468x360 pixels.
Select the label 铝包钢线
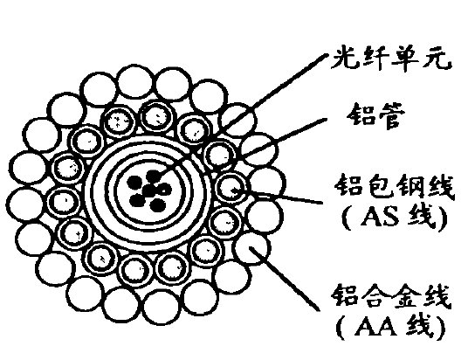[x=394, y=186]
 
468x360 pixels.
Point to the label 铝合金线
[x=390, y=295]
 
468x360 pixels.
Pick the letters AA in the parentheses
[x=375, y=328]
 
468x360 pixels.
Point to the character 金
[x=407, y=295]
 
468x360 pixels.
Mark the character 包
[x=378, y=186]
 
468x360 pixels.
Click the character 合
[x=375, y=295]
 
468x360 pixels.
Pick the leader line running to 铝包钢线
[x=277, y=196]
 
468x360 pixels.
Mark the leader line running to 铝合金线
[x=285, y=278]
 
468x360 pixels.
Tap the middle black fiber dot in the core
[x=148, y=190]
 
